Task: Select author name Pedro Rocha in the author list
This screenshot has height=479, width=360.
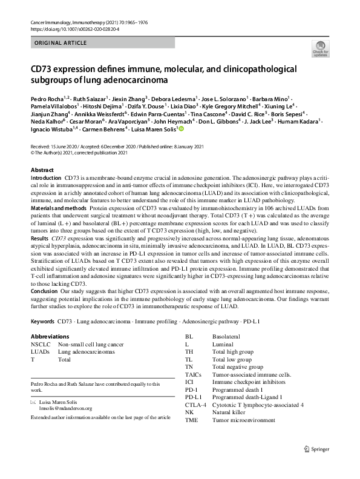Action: coord(48,98)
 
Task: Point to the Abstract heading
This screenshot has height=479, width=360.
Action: coord(42,171)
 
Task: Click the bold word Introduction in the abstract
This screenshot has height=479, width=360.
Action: coord(46,180)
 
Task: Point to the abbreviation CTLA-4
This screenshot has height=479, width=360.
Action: coord(196,405)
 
